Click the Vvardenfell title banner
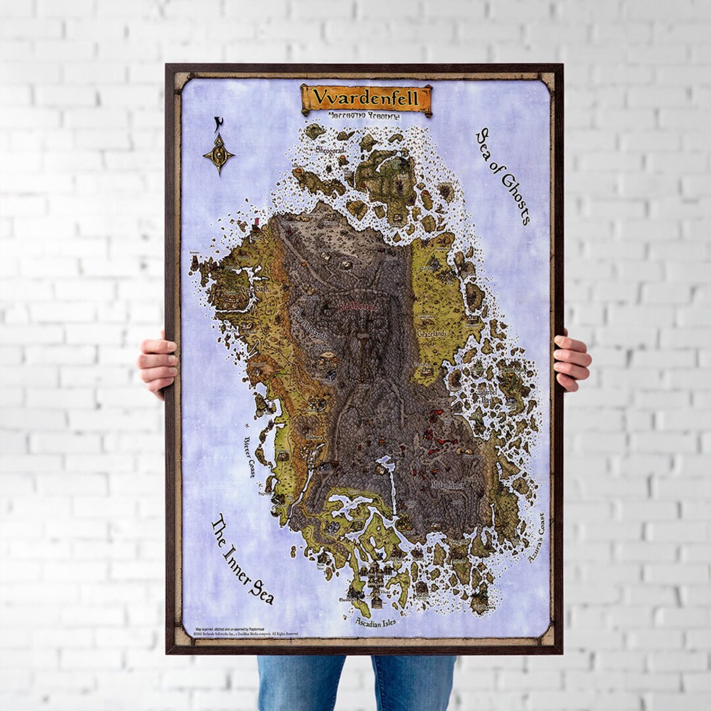click(x=366, y=99)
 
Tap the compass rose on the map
click(x=219, y=154)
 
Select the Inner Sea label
click(x=242, y=560)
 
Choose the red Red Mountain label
click(x=357, y=307)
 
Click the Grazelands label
click(x=432, y=334)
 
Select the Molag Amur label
click(x=448, y=485)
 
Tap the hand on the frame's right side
click(x=571, y=361)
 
